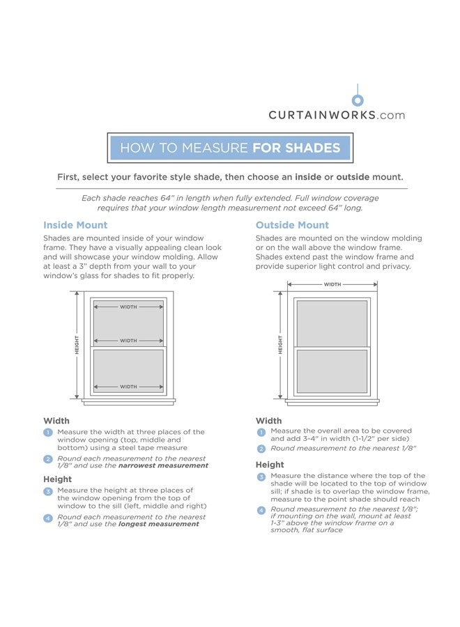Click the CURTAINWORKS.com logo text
[337, 115]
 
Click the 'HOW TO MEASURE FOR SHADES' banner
[230, 148]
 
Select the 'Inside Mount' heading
[75, 225]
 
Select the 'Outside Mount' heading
[292, 225]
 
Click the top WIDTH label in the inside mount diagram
[128, 307]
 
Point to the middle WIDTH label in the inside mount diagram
[128, 341]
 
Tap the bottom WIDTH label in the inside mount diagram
[128, 387]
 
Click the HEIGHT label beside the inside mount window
[77, 345]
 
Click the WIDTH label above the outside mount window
[332, 284]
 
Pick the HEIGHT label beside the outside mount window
[280, 345]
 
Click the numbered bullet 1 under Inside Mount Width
[48, 433]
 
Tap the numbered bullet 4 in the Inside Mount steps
[48, 518]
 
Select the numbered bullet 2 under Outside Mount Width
[261, 449]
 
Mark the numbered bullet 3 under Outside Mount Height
[261, 477]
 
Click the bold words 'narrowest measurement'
[163, 465]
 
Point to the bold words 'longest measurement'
[158, 524]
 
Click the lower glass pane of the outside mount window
[332, 371]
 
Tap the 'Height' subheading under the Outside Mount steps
[270, 465]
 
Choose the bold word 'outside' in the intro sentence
[353, 177]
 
